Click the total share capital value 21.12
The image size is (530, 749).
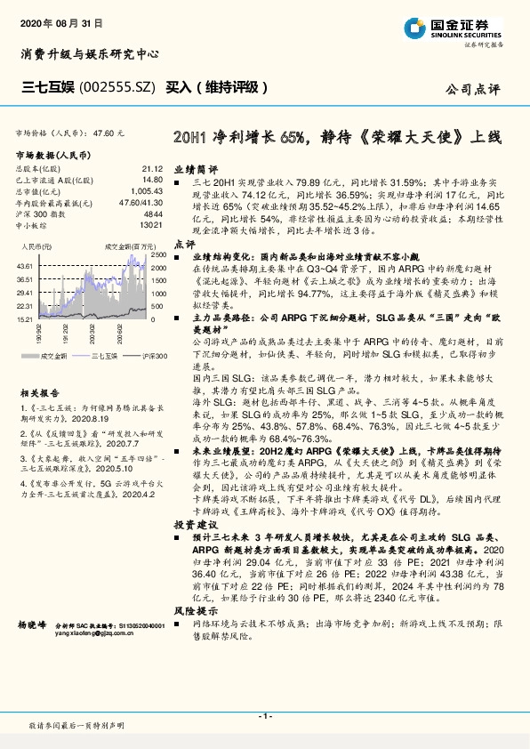click(152, 168)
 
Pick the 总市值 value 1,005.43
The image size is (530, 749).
click(147, 191)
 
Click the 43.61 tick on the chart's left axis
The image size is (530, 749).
click(24, 266)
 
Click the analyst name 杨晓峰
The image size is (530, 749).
click(31, 626)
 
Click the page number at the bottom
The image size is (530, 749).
click(265, 716)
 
